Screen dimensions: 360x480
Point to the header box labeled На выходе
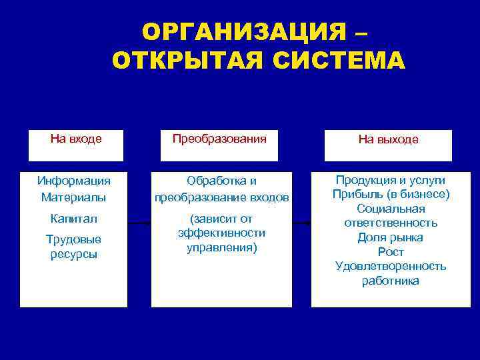click(388, 145)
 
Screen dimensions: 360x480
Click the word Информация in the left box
click(74, 181)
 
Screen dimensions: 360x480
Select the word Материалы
click(73, 197)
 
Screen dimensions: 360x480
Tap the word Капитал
click(73, 219)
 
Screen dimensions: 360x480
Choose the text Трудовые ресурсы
click(73, 247)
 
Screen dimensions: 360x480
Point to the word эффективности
click(222, 233)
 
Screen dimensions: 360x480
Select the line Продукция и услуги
click(391, 180)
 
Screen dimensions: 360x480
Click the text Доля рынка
click(391, 237)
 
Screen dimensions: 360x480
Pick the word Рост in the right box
click(391, 252)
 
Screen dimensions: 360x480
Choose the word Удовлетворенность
click(391, 267)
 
